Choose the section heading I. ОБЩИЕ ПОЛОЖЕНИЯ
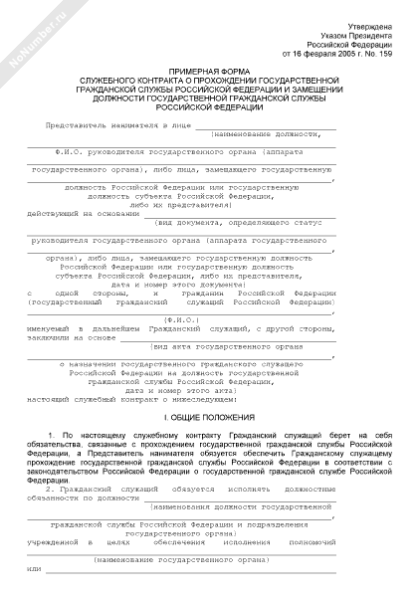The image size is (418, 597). click(x=209, y=415)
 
